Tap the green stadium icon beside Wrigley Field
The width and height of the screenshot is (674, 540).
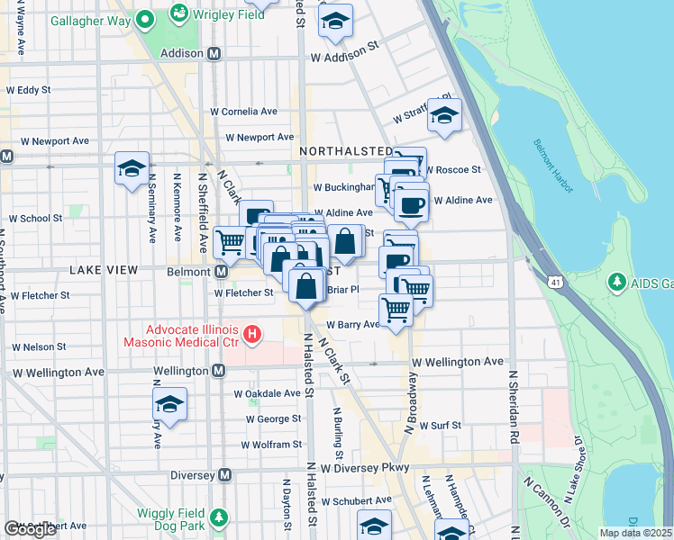[x=178, y=13]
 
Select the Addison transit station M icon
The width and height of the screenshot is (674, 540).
[x=214, y=53]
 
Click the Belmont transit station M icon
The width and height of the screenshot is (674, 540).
[x=219, y=271]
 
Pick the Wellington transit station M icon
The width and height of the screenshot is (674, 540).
[x=219, y=371]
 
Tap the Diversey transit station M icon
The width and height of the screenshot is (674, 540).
[x=224, y=474]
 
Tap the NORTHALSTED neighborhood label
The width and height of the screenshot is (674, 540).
[x=346, y=150]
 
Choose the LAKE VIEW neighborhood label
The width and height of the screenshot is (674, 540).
[x=103, y=270]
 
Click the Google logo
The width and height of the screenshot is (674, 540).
[x=30, y=528]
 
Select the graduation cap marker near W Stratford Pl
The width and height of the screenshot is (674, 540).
[x=444, y=115]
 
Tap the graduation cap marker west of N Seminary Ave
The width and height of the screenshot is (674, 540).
[x=132, y=168]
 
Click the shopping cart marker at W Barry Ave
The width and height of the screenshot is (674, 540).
[x=396, y=310]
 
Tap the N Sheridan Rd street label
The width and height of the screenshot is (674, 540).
[x=515, y=406]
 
